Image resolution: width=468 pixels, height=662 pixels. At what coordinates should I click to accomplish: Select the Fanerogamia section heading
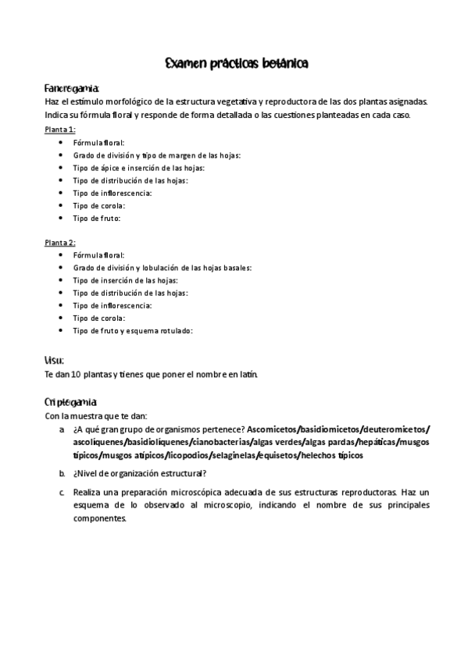click(x=71, y=88)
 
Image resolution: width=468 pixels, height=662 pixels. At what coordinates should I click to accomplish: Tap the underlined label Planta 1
click(x=59, y=130)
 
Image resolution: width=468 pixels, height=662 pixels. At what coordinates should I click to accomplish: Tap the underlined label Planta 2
click(x=59, y=242)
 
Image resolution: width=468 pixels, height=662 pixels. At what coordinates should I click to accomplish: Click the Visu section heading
click(x=54, y=360)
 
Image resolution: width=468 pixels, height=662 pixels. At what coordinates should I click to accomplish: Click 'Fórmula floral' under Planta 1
click(x=98, y=142)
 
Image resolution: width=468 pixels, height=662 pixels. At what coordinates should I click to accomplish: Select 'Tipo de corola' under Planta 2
click(x=98, y=318)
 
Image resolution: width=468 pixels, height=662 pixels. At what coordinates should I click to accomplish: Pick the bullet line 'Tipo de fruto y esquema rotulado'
click(x=132, y=331)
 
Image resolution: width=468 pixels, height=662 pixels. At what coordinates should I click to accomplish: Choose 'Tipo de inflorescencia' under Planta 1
click(x=112, y=193)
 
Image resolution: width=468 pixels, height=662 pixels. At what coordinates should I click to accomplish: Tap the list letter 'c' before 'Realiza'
click(x=62, y=493)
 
